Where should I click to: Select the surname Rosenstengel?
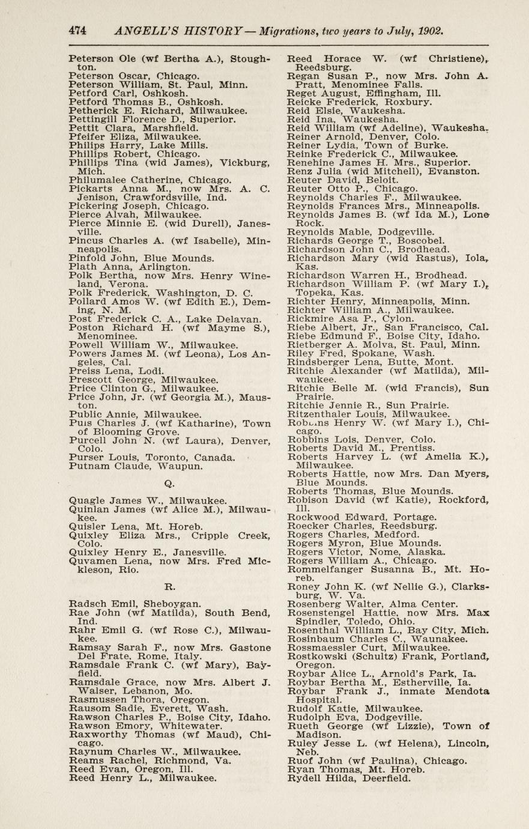(x=321, y=613)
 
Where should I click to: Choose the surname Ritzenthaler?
(x=321, y=414)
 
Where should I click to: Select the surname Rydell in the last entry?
(x=303, y=779)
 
